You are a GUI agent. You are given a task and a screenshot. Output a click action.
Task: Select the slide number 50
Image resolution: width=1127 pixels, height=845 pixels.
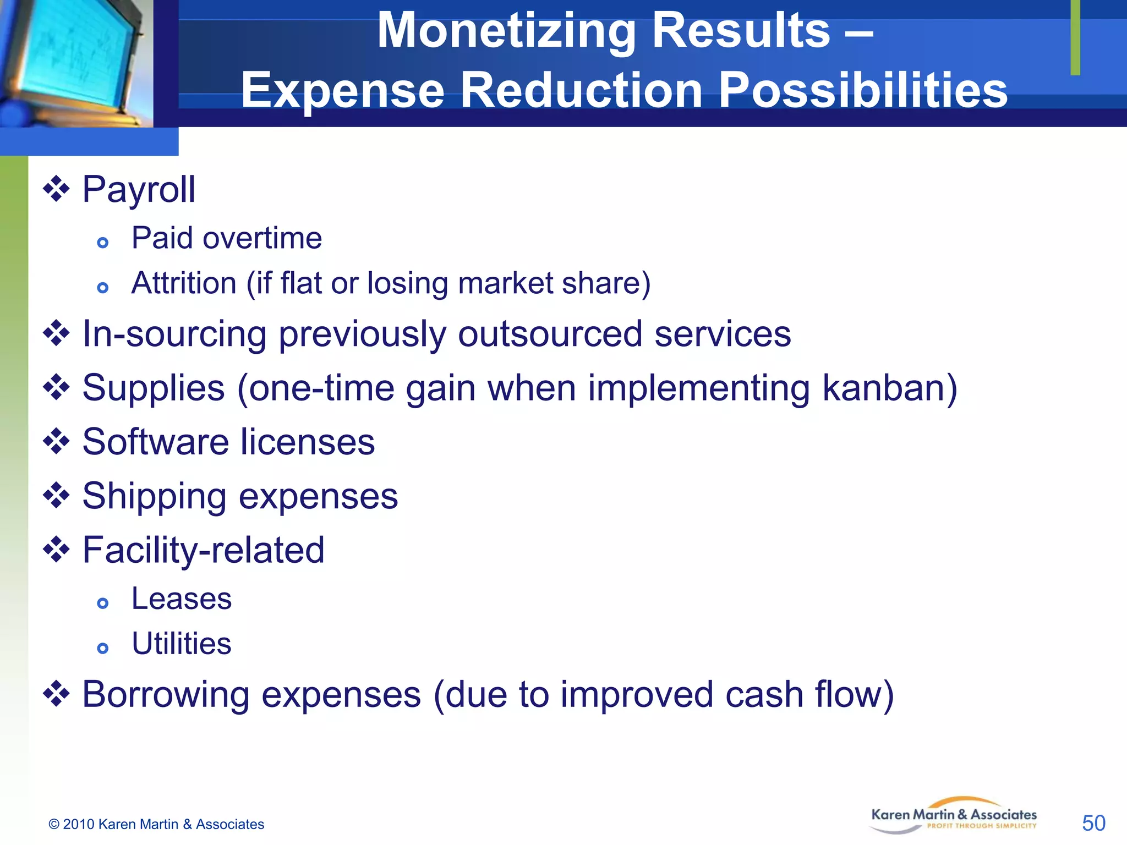(1093, 823)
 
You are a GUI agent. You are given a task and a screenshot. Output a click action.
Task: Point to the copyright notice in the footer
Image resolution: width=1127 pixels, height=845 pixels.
(156, 824)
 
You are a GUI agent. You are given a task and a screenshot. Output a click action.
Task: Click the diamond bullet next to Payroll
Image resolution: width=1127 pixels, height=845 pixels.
(56, 189)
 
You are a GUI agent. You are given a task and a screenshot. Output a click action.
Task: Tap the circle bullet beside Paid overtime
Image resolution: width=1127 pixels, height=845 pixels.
(102, 243)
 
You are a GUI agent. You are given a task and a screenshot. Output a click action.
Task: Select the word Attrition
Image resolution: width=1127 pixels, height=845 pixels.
(184, 283)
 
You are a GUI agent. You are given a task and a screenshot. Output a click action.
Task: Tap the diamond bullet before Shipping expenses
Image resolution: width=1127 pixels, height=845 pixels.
(56, 496)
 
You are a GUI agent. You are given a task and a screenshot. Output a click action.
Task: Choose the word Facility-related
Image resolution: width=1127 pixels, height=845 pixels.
(203, 550)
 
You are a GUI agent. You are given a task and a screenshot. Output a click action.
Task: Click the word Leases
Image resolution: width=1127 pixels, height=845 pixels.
(182, 599)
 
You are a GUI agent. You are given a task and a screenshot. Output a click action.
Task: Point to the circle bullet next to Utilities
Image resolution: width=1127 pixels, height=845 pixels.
(102, 648)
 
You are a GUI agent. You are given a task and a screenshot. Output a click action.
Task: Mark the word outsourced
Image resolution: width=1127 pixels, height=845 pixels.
(550, 334)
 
